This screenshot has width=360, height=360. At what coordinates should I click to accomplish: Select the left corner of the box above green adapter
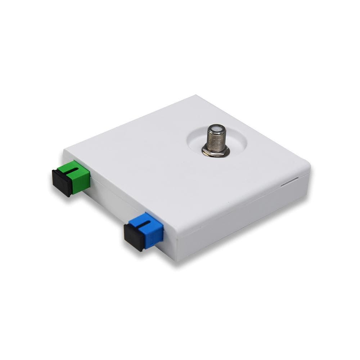click(65, 150)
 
